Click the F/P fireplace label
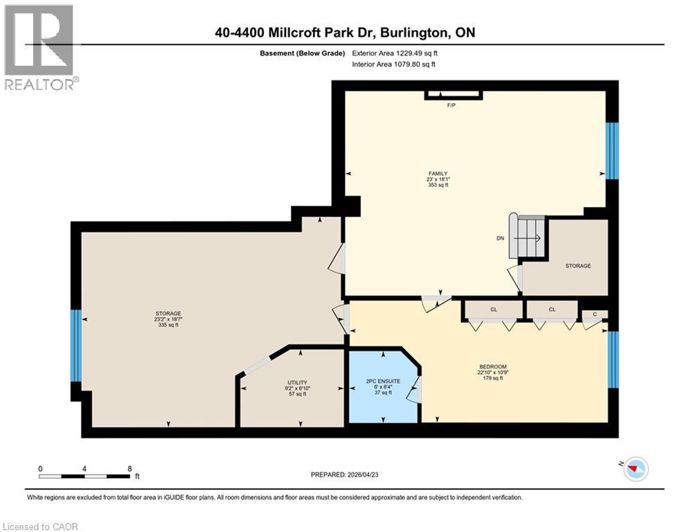451,106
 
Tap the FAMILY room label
438,174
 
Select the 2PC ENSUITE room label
379,380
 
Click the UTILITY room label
297,382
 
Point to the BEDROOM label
493,366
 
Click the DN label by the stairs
501,238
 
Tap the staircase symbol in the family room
528,237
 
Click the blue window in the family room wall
612,150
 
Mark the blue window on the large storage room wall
76,346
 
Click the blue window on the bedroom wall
612,360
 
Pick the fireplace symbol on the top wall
454,96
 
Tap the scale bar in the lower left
84,476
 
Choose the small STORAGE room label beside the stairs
578,265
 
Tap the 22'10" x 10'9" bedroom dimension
493,373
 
